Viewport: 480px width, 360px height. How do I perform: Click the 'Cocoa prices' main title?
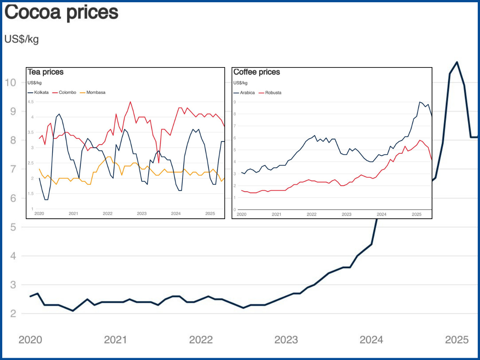pyautogui.click(x=61, y=12)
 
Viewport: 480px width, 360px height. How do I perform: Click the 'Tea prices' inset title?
pyautogui.click(x=45, y=72)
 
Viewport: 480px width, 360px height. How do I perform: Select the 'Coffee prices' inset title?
pyautogui.click(x=256, y=72)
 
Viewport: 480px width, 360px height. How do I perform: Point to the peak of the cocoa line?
pyautogui.click(x=457, y=62)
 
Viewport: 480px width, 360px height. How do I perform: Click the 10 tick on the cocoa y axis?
pyautogui.click(x=10, y=82)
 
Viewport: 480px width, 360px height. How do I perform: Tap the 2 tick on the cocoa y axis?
pyautogui.click(x=13, y=313)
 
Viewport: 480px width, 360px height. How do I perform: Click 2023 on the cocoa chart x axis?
pyautogui.click(x=286, y=340)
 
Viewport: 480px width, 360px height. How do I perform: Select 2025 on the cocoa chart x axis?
pyautogui.click(x=457, y=340)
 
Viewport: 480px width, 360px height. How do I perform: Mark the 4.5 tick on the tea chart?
pyautogui.click(x=30, y=102)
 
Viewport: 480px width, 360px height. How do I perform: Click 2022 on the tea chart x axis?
pyautogui.click(x=108, y=213)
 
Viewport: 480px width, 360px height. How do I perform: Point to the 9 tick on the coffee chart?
pyautogui.click(x=235, y=102)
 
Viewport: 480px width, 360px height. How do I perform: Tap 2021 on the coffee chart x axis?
pyautogui.click(x=276, y=214)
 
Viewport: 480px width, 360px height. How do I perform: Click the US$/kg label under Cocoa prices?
pyautogui.click(x=21, y=39)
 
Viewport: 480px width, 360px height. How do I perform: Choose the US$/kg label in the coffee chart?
pyautogui.click(x=240, y=83)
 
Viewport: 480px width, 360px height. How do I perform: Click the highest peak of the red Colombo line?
pyautogui.click(x=130, y=102)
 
